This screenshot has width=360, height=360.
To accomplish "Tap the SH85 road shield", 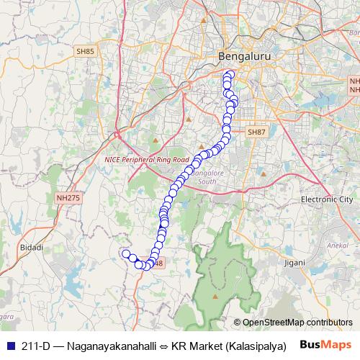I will [85, 51].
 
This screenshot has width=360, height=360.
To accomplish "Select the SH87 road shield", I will [256, 132].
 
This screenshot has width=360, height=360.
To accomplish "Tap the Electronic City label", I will [325, 199].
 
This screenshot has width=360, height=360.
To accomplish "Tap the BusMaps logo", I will [327, 345].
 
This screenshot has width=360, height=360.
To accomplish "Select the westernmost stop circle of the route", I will [126, 253].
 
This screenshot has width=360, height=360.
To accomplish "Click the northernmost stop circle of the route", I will [230, 75].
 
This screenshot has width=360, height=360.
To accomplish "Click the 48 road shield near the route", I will [158, 263].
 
